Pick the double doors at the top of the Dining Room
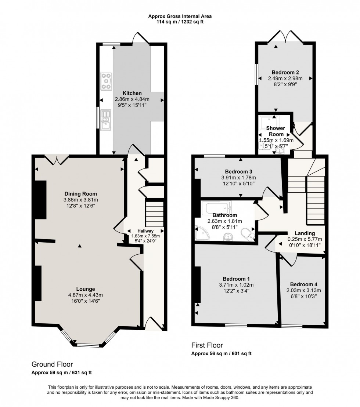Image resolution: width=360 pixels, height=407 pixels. [x=57, y=159]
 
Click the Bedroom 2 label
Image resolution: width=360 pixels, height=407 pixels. [x=285, y=72]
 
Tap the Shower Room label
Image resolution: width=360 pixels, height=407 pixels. [x=276, y=131]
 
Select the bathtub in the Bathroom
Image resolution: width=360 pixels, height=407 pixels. [x=216, y=209]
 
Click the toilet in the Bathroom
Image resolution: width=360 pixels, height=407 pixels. [x=245, y=234]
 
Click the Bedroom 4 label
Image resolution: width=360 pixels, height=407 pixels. [x=303, y=284]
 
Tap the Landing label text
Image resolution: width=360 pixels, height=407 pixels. [x=305, y=233]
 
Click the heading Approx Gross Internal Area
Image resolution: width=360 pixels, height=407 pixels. [x=180, y=16]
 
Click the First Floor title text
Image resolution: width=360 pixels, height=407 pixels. [x=207, y=345]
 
